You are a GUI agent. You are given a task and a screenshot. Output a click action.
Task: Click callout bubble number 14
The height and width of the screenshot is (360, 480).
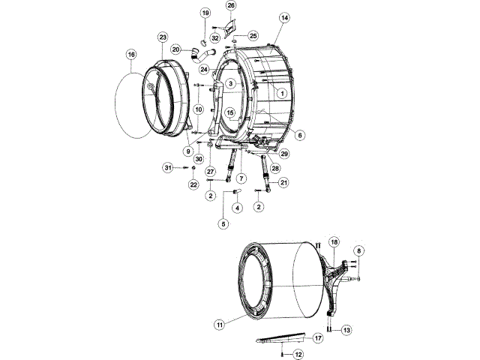pyautogui.click(x=284, y=16)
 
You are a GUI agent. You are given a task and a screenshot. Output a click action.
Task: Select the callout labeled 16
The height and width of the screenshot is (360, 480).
pyautogui.click(x=131, y=55)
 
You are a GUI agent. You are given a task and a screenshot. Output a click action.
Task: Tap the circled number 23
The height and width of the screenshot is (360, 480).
pyautogui.click(x=163, y=37)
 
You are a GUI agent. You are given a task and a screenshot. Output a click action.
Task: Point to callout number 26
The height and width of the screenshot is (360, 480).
pyautogui.click(x=231, y=5)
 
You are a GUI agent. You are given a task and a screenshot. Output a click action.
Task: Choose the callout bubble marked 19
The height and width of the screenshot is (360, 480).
pyautogui.click(x=205, y=13)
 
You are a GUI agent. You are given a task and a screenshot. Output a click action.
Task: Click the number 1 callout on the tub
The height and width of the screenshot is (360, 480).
pyautogui.click(x=281, y=93)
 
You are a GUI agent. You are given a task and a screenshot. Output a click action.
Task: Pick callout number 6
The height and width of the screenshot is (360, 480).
pyautogui.click(x=299, y=135)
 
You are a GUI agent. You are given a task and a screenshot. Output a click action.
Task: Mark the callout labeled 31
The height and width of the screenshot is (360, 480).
pyautogui.click(x=169, y=166)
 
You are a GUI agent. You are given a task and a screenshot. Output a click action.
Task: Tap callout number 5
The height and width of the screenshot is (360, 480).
pyautogui.click(x=223, y=223)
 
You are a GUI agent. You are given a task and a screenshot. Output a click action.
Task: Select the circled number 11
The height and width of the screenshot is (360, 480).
pyautogui.click(x=220, y=325)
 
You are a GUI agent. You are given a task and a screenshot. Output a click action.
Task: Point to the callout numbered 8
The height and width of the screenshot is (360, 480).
pyautogui.click(x=358, y=250)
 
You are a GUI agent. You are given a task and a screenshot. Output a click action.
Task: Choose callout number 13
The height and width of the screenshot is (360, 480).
pyautogui.click(x=346, y=329)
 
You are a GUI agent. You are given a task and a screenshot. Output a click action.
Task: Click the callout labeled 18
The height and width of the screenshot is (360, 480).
pyautogui.click(x=334, y=242)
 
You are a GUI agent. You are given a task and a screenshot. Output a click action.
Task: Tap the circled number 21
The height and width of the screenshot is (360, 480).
pyautogui.click(x=284, y=182)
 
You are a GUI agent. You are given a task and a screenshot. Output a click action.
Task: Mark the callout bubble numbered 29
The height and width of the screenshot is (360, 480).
pyautogui.click(x=284, y=154)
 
